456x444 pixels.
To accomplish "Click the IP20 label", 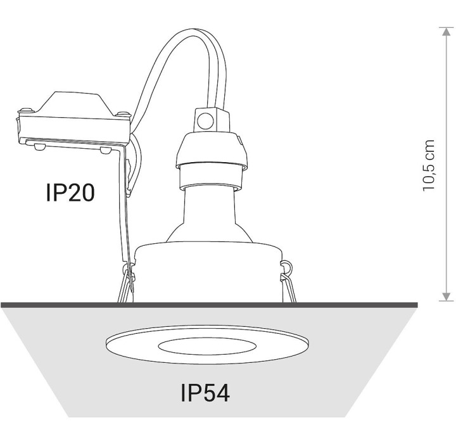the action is [70, 193].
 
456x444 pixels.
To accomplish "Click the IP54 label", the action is [205, 393].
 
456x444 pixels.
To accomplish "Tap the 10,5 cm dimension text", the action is [428, 165].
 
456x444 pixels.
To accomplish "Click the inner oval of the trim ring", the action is [207, 346].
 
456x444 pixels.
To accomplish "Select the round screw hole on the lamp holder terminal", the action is [205, 120].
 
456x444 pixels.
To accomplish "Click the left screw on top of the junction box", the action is [25, 110].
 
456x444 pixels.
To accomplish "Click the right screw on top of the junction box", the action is [123, 113].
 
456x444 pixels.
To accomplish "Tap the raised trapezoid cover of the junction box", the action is [74, 103].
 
